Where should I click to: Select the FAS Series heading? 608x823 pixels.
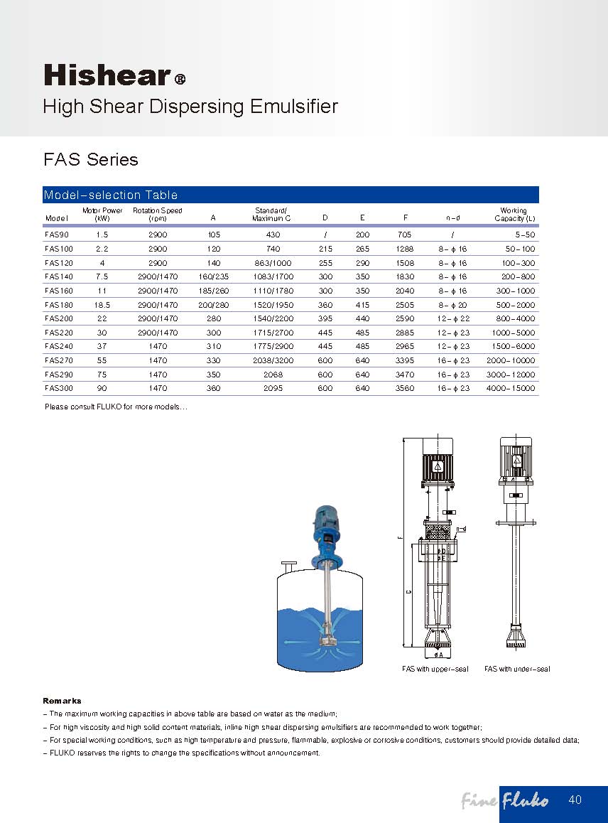point(91,160)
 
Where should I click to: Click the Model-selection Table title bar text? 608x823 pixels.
point(111,195)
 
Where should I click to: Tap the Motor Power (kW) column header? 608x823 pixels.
point(102,215)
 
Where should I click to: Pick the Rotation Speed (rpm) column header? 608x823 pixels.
point(158,215)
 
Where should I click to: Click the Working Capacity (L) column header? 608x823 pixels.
point(514,215)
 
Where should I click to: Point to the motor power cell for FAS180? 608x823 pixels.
point(102,305)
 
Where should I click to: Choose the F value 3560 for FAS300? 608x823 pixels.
point(404,389)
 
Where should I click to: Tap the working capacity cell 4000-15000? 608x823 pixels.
point(511,389)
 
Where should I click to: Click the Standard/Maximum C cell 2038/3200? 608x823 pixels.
point(273,361)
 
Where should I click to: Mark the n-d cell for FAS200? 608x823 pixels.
point(454,319)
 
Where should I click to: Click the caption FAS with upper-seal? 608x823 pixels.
point(435,669)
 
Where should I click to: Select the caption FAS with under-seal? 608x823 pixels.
point(517,669)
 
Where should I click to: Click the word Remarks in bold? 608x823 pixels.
point(63,701)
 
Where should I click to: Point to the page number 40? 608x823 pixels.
point(575,800)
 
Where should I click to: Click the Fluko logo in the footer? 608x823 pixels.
point(525,802)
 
